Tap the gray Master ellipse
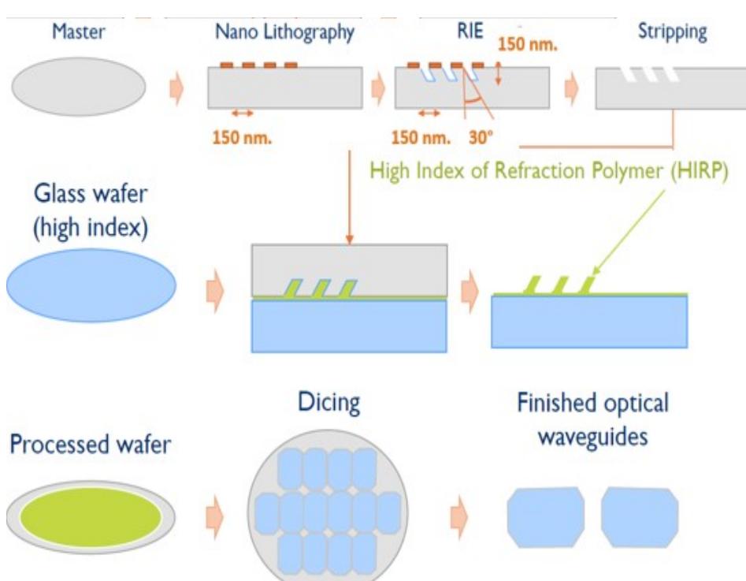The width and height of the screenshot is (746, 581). tap(78, 87)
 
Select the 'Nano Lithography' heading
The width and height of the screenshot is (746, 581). tap(284, 33)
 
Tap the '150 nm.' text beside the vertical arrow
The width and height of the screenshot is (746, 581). tap(527, 44)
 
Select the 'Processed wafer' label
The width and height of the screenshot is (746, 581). tap(91, 445)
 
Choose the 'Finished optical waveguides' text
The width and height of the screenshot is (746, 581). tap(592, 419)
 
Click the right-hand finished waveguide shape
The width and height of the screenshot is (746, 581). tap(640, 516)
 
